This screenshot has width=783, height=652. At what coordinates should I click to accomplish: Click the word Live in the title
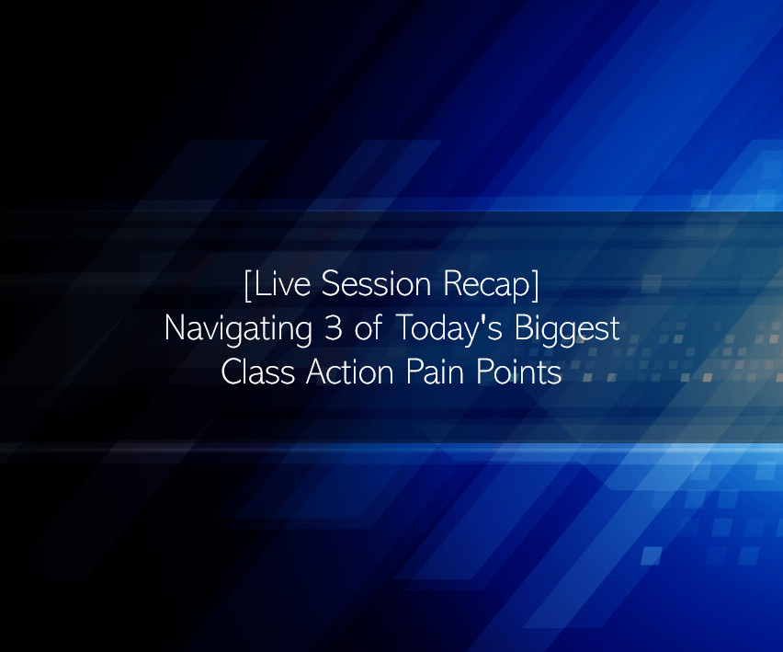pos(281,284)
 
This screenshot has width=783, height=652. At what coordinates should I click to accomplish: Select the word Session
pos(376,284)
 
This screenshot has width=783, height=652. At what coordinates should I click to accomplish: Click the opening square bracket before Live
pos(248,285)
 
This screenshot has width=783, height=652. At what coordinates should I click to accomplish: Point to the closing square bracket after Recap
pos(535,285)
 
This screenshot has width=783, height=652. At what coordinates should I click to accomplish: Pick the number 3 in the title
pos(333,328)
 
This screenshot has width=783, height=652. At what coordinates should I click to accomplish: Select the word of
pos(369,327)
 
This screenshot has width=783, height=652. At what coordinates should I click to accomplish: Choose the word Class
pos(257,372)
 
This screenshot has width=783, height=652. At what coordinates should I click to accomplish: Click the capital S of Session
pos(330,284)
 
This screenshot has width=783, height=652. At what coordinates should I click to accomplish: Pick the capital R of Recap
pos(452,284)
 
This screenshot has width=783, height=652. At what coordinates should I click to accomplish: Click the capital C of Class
pos(232,372)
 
